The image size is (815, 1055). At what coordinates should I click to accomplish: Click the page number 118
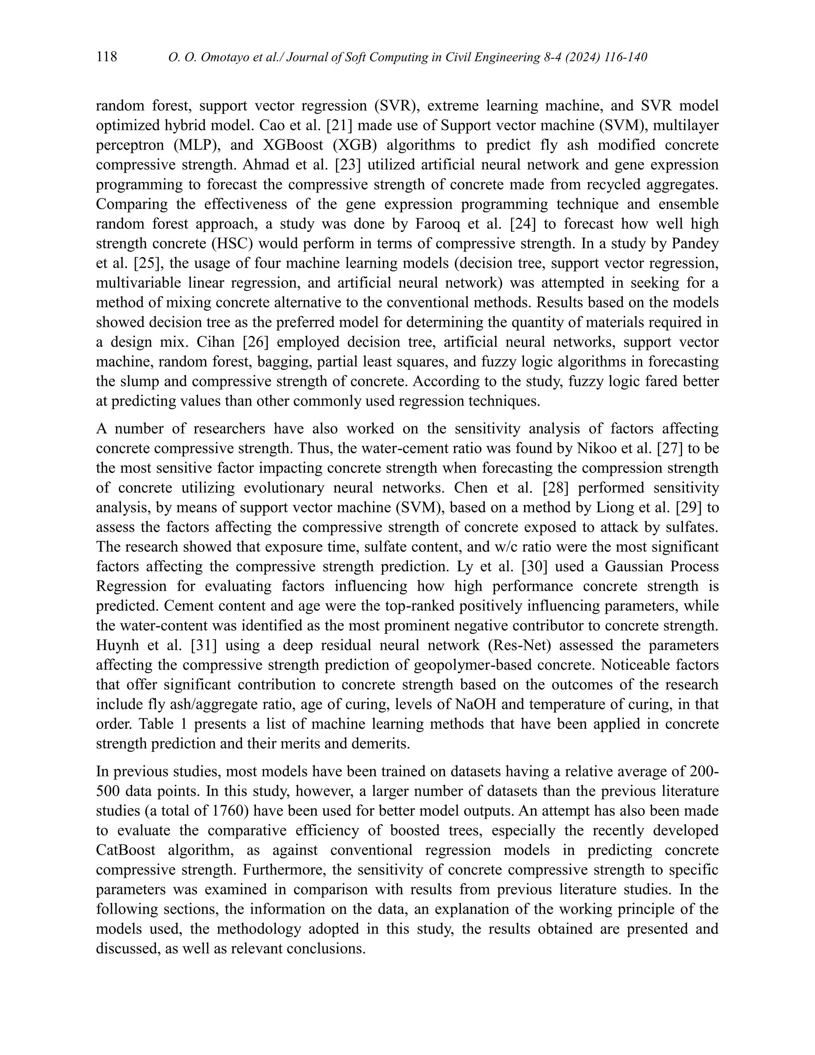(107, 57)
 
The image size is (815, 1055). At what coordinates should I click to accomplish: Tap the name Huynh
(118, 646)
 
